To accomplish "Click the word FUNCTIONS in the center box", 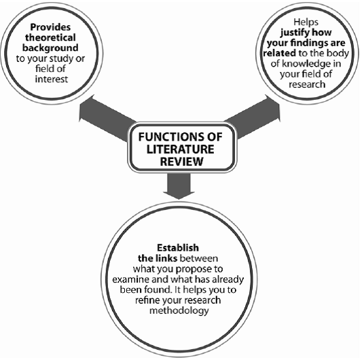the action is pyautogui.click(x=170, y=137).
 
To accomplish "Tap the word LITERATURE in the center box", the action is pyautogui.click(x=181, y=149).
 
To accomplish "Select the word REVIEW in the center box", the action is pyautogui.click(x=181, y=162).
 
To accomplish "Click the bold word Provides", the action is pyautogui.click(x=50, y=27).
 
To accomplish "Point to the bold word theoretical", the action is pyautogui.click(x=50, y=37).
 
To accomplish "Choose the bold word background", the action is pyautogui.click(x=50, y=48).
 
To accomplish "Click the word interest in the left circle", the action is pyautogui.click(x=52, y=79).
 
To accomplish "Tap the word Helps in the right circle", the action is pyautogui.click(x=306, y=22).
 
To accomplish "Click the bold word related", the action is pyautogui.click(x=280, y=53).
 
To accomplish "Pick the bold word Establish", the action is pyautogui.click(x=178, y=248).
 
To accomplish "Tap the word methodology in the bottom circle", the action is pyautogui.click(x=179, y=311).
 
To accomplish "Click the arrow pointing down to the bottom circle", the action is pyautogui.click(x=179, y=186).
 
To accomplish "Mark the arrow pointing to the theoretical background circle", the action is pyautogui.click(x=107, y=118).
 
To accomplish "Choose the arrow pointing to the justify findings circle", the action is pyautogui.click(x=253, y=118).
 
